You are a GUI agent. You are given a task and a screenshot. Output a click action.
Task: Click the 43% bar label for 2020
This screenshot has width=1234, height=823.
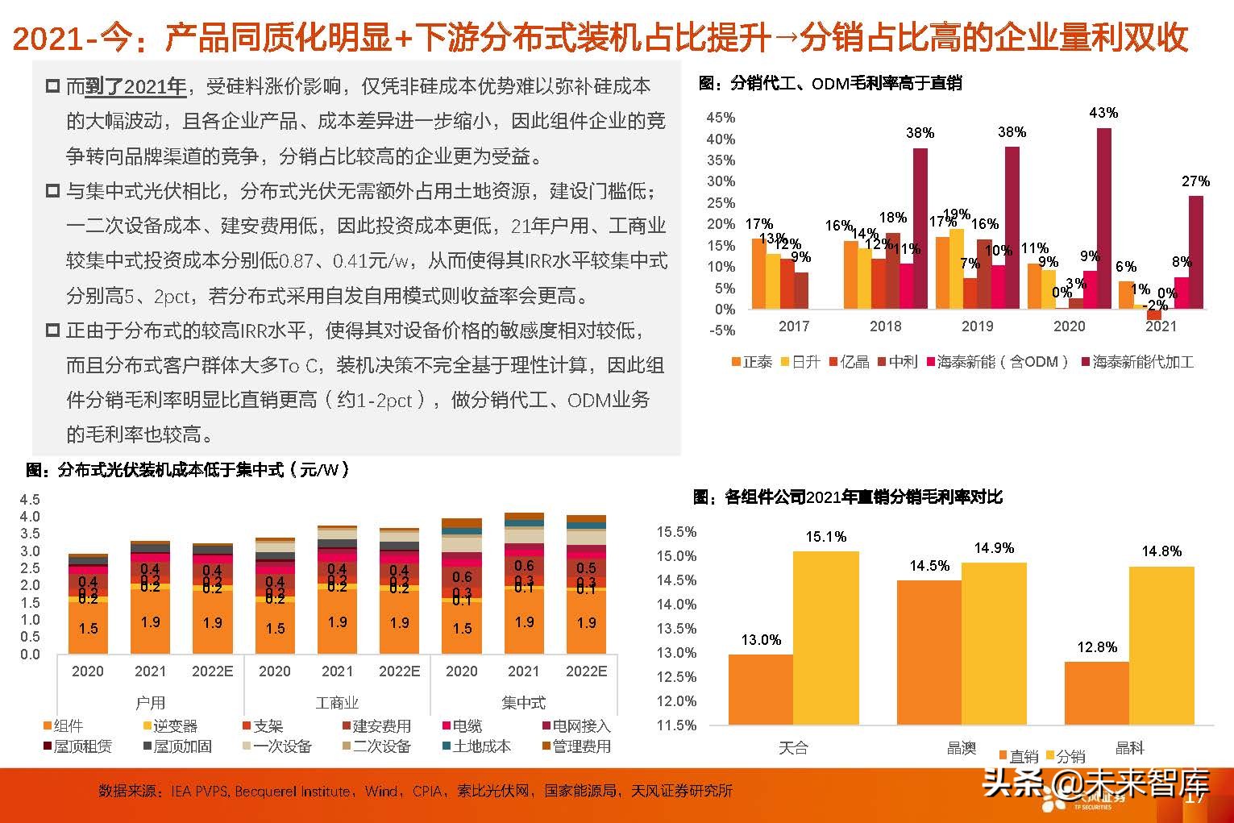point(1103,113)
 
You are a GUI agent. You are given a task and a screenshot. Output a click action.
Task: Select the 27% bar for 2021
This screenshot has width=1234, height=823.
point(1196,252)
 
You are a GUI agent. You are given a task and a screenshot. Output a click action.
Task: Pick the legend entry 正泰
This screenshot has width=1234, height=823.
point(751,362)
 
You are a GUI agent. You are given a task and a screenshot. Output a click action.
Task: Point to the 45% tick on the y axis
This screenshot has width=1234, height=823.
point(721,118)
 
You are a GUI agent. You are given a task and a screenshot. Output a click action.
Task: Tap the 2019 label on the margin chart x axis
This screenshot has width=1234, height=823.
point(977,326)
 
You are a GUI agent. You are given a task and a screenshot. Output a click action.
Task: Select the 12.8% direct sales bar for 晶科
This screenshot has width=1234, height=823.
point(1096,693)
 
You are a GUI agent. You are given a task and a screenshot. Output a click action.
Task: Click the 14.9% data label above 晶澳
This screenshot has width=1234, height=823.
point(994,548)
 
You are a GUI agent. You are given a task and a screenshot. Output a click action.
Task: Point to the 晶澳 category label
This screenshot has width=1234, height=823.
point(961,748)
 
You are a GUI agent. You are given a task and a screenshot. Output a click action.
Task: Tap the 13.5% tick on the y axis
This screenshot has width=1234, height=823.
point(676,629)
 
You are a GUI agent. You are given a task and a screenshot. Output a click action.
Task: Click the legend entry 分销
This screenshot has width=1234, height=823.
point(1066,756)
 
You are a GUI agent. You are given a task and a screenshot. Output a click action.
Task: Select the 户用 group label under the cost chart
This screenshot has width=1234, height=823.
point(150,703)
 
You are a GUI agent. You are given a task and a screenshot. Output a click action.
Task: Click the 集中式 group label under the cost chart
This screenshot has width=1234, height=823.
point(523,703)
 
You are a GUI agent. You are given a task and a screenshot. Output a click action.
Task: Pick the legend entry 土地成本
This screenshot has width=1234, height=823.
point(476,746)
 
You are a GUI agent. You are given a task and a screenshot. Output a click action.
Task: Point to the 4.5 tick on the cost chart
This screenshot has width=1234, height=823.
point(30,500)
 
